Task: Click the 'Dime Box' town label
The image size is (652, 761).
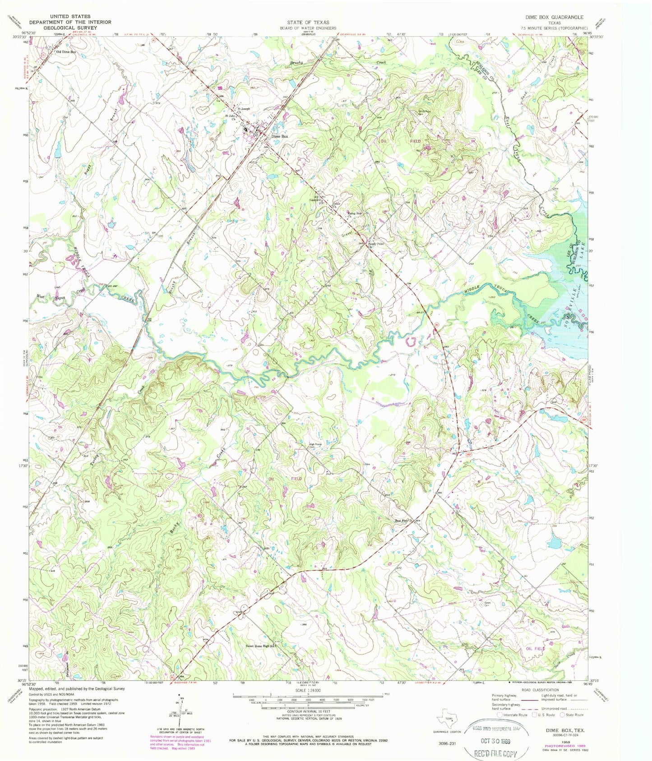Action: pyautogui.click(x=279, y=136)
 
